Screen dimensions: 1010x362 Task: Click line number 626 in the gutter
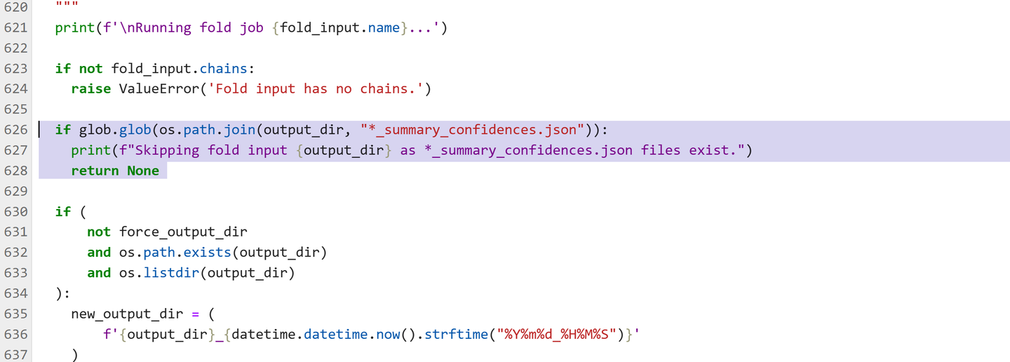click(15, 130)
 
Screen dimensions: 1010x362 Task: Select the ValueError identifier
click(159, 89)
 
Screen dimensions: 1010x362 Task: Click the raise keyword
click(90, 89)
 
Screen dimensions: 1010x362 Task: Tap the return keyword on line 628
click(95, 171)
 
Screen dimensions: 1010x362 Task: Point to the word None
click(143, 171)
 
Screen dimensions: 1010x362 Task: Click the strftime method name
click(457, 335)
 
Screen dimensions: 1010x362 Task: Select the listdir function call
click(171, 273)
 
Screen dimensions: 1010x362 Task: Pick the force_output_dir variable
click(183, 232)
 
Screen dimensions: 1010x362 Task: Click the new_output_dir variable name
click(127, 314)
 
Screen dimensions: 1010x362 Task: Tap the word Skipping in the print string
click(167, 151)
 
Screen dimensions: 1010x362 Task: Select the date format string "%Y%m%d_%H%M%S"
click(556, 335)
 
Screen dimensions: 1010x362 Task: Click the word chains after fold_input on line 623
click(223, 69)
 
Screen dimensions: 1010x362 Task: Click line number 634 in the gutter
click(15, 293)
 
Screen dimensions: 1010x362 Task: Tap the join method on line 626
click(239, 130)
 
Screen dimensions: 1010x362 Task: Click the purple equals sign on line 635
click(195, 314)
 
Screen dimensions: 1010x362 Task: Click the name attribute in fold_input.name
click(384, 28)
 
